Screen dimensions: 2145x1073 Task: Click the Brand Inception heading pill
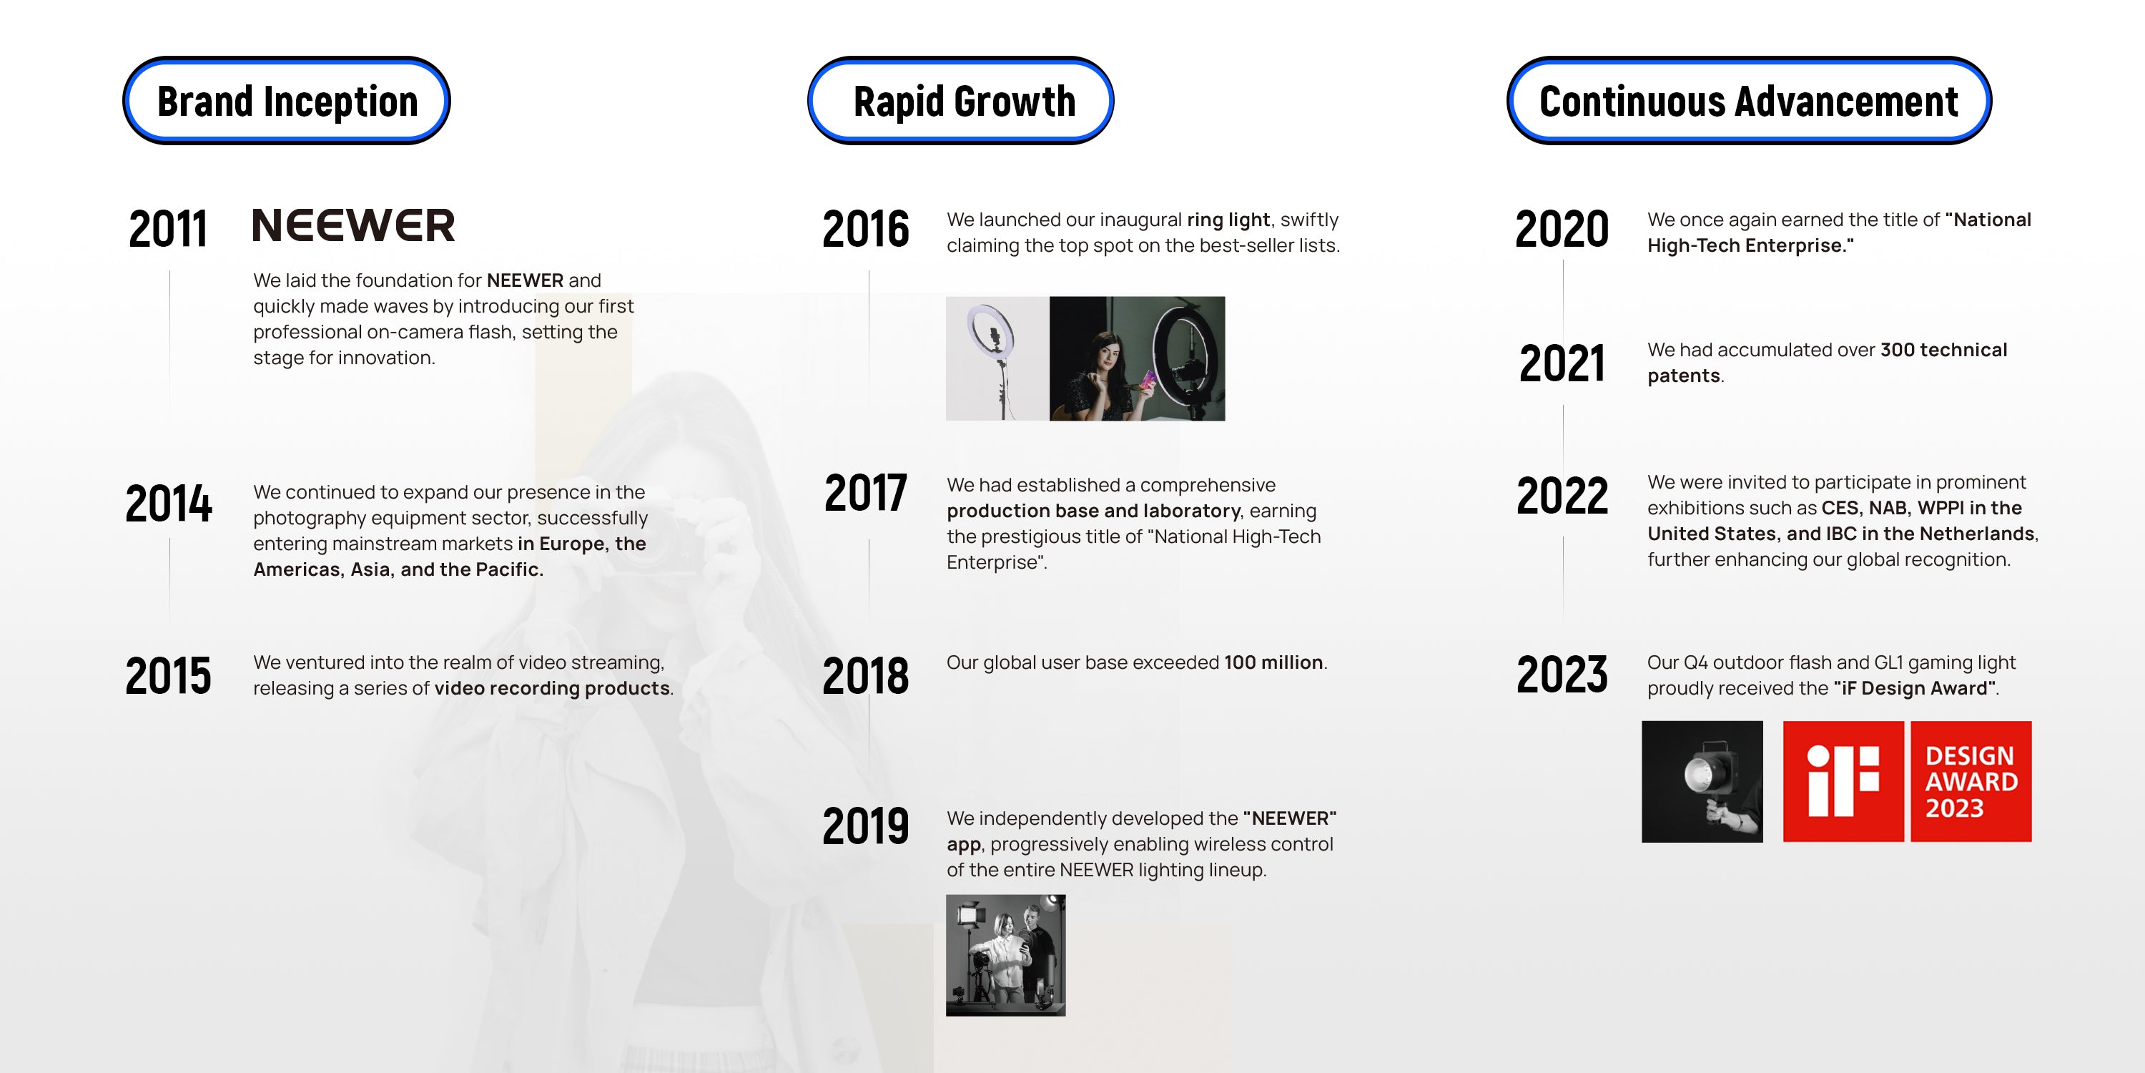(287, 101)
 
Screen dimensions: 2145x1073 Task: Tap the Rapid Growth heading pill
(961, 101)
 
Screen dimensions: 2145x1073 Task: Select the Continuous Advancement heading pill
(1749, 101)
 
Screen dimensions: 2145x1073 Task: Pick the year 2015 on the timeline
(168, 675)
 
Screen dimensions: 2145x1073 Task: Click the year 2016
(866, 228)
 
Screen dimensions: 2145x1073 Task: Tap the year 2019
(866, 825)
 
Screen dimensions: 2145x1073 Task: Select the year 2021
(1562, 363)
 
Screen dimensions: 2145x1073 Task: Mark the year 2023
(1562, 674)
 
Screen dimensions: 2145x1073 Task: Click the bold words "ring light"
(1228, 220)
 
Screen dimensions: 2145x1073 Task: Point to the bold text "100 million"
(1273, 662)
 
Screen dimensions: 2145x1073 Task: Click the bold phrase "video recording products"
(552, 688)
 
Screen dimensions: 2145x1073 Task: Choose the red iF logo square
(1843, 781)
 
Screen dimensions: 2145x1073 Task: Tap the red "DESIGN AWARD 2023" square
(1971, 781)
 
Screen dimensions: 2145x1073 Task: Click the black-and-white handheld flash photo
(1702, 781)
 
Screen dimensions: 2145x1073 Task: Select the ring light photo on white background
(997, 358)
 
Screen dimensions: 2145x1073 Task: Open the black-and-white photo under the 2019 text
(1006, 956)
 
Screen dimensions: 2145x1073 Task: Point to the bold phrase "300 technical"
(1943, 350)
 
